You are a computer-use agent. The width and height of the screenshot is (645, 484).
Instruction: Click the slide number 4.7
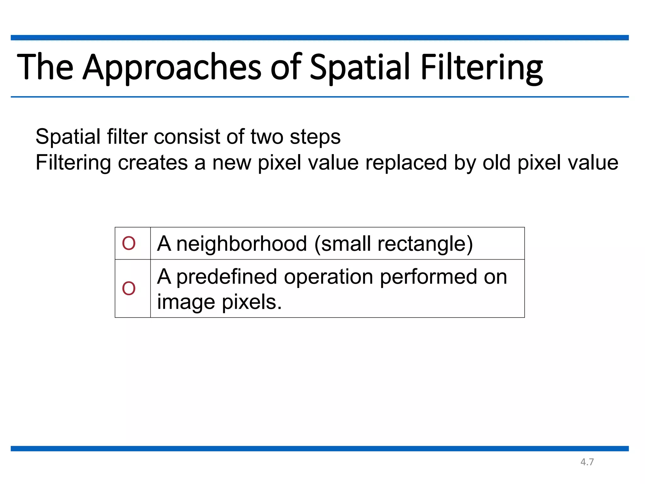tap(587, 462)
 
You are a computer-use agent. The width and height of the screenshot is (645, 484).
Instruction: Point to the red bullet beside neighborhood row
tap(129, 244)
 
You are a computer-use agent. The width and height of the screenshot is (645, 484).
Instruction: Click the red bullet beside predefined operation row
tap(129, 288)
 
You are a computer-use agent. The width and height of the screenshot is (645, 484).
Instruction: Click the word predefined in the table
tap(227, 277)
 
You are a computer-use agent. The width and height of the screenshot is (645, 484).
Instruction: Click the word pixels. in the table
tap(252, 302)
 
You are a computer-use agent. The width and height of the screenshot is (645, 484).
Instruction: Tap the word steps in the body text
tap(315, 137)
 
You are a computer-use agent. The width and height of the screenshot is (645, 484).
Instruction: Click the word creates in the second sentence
tap(153, 163)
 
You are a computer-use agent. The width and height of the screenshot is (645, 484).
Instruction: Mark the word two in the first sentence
tap(267, 137)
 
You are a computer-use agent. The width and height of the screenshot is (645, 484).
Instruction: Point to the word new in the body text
tap(231, 163)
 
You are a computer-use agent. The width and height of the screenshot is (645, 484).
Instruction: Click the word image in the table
tap(186, 302)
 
